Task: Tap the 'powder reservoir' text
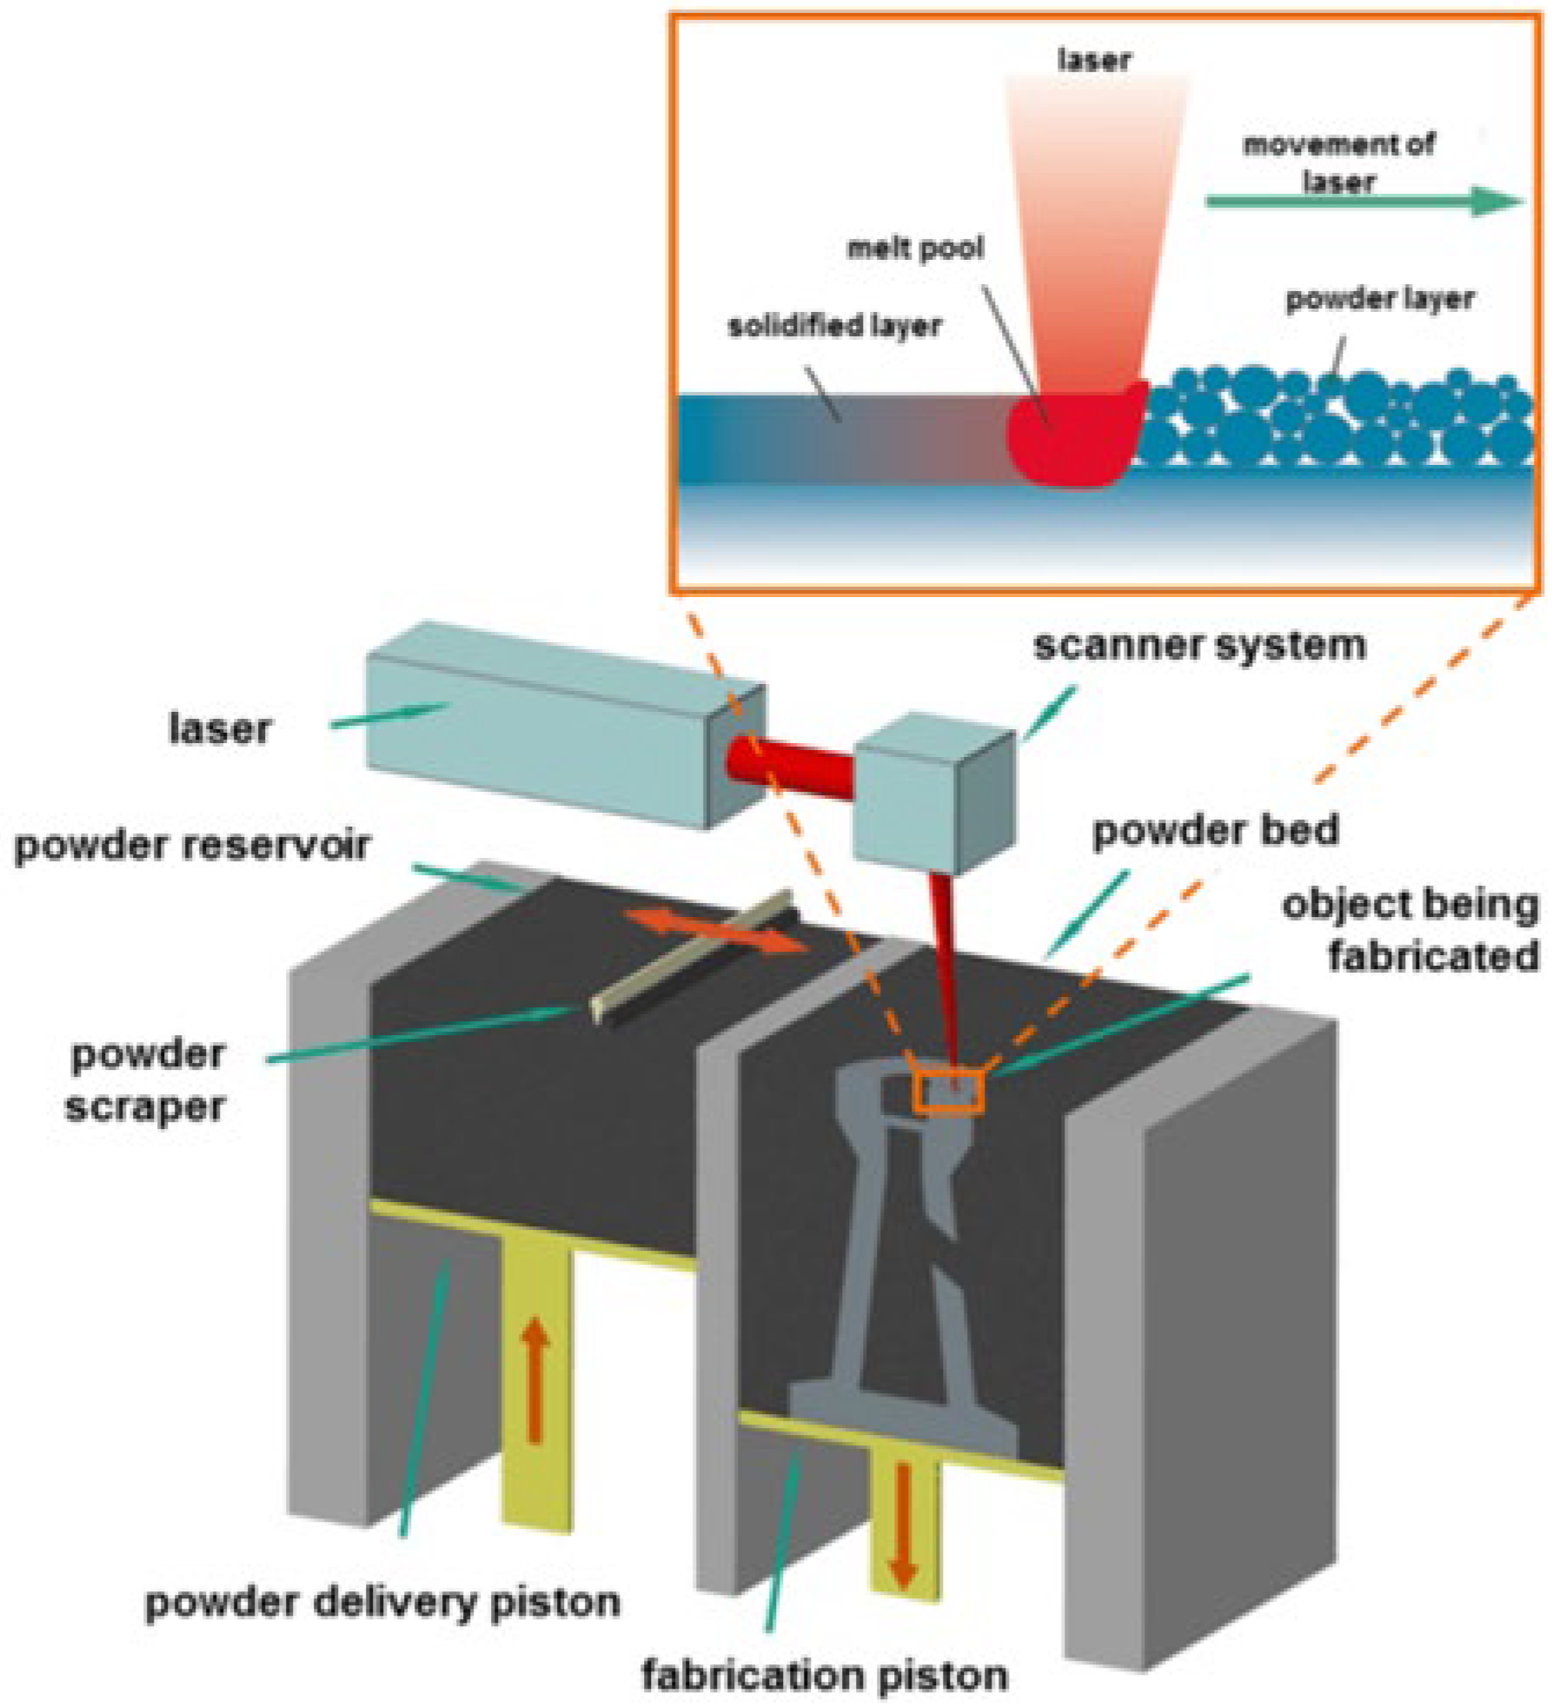tap(192, 846)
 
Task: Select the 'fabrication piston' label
tap(824, 1674)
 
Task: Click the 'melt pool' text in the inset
tap(914, 249)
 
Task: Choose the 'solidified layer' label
tap(834, 326)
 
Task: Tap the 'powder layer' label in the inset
tap(1379, 299)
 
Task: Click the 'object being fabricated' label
tap(1410, 930)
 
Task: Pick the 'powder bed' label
tap(1214, 831)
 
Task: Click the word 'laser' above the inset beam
tap(1094, 59)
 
